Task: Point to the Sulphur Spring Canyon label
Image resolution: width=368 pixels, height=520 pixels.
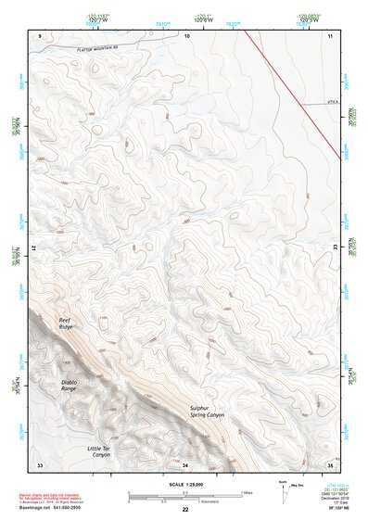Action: point(208,412)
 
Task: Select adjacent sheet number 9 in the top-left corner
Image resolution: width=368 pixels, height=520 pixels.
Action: point(40,35)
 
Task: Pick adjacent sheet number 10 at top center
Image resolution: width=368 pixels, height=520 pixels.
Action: point(188,35)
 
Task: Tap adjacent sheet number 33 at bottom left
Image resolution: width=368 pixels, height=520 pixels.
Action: point(40,463)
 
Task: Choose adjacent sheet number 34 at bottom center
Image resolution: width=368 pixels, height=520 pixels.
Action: point(185,463)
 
